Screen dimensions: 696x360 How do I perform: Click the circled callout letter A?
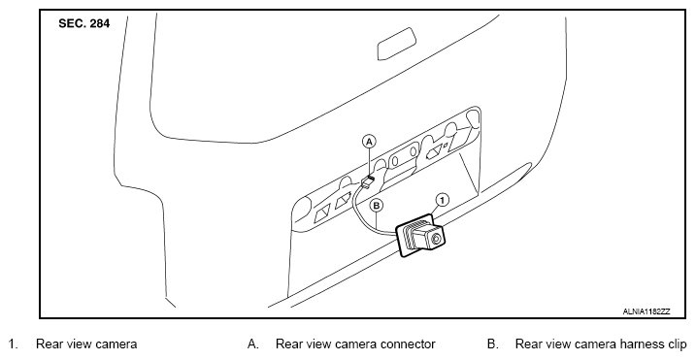369,142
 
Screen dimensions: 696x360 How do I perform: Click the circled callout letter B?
376,205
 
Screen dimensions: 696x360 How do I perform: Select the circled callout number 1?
442,200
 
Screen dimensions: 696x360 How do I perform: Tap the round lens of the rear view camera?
436,240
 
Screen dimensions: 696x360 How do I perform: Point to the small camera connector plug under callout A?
368,181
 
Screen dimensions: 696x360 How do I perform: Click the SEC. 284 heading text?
83,24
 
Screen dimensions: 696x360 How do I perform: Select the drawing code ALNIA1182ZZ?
646,311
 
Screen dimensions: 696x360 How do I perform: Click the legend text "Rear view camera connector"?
355,344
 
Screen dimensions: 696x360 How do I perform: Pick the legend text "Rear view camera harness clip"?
601,344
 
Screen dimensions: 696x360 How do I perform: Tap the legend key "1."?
15,344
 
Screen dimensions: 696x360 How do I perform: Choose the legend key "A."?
253,344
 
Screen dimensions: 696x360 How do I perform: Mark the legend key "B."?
493,344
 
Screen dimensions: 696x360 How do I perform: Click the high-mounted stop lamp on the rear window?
397,44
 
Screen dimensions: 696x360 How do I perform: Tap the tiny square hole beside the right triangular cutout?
446,145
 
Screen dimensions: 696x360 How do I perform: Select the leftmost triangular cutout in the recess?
322,214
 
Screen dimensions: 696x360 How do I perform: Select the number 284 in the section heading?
100,24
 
